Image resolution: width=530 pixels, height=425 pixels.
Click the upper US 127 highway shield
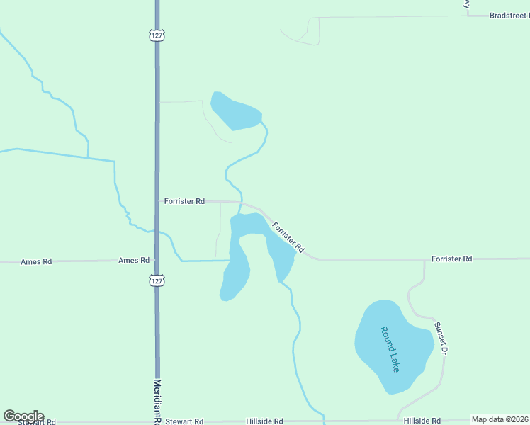(157, 35)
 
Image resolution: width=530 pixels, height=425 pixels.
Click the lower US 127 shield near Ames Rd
(157, 280)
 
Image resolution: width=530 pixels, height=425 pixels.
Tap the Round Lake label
(390, 348)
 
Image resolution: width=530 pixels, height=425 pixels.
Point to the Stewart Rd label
(184, 421)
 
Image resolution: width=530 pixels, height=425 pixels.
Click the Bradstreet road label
(509, 15)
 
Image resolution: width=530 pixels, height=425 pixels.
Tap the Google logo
(23, 416)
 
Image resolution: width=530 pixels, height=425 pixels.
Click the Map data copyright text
(500, 420)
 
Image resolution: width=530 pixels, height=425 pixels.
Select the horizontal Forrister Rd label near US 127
(184, 201)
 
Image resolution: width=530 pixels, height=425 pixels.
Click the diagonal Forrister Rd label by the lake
(288, 237)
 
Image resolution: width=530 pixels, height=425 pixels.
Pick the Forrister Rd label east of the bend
(451, 259)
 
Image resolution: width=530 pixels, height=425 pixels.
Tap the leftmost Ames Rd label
(36, 261)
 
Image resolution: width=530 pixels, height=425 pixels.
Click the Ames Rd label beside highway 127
(134, 261)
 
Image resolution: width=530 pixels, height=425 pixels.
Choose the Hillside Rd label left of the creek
(264, 421)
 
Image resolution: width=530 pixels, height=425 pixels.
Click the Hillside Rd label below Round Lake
(422, 421)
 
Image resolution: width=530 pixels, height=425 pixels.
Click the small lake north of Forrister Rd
(235, 112)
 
